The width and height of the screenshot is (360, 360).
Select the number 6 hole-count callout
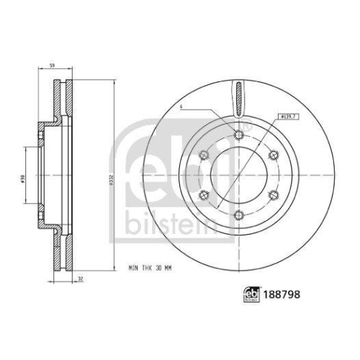(182, 108)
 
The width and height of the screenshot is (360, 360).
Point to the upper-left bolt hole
(204, 153)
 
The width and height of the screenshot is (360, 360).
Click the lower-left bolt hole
(204, 193)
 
